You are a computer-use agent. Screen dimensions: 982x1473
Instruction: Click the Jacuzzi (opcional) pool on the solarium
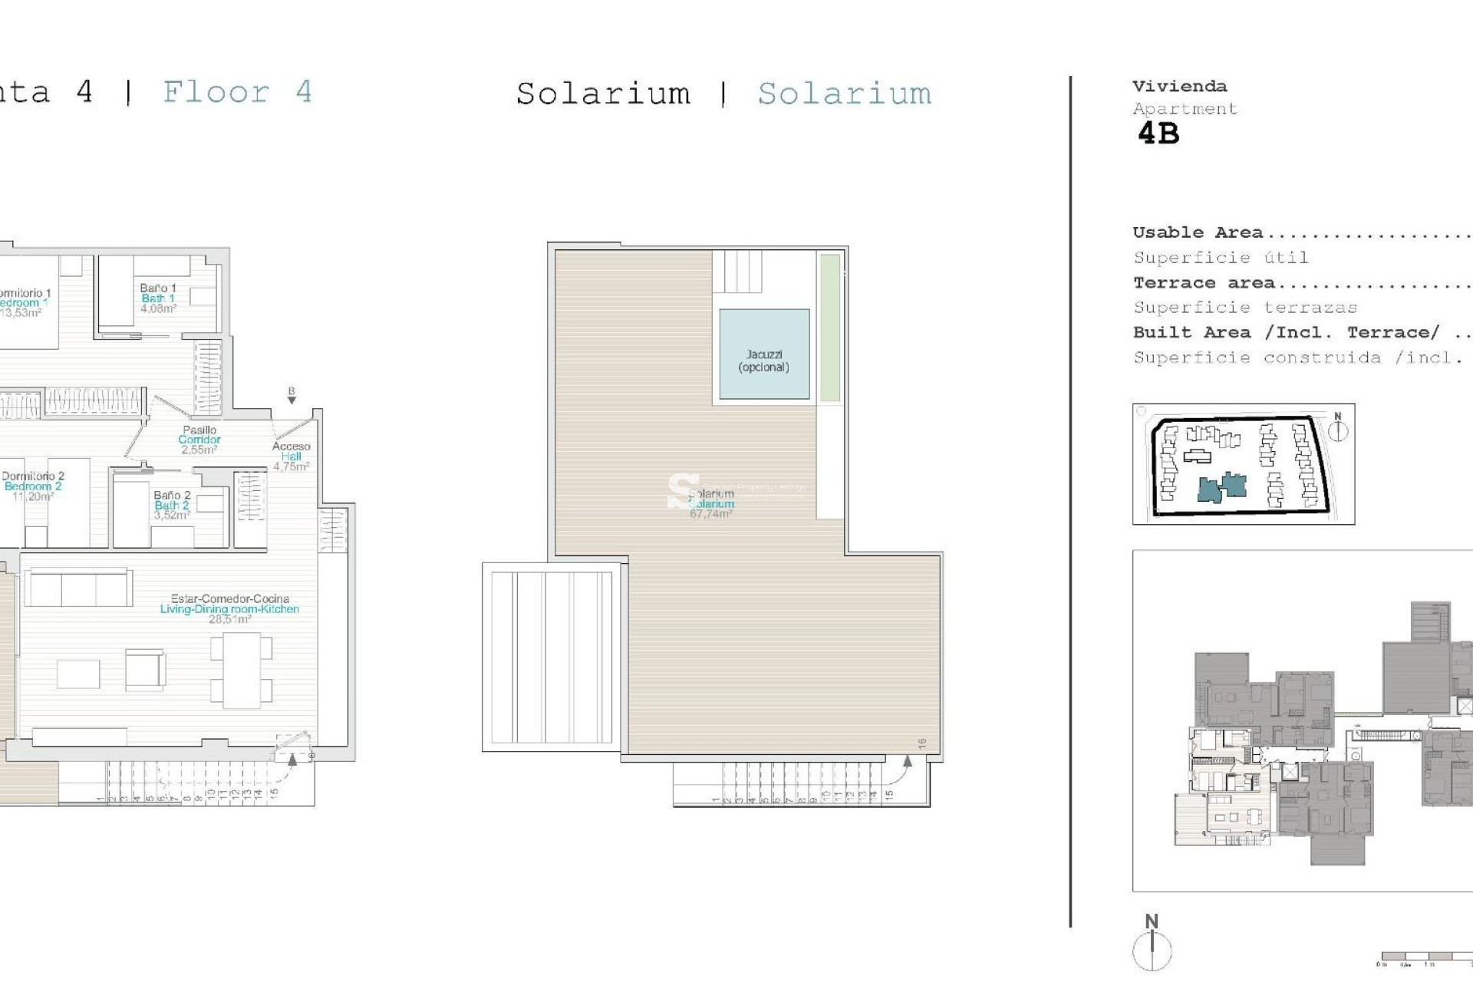click(764, 354)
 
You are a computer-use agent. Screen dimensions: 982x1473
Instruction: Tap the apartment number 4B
click(1158, 134)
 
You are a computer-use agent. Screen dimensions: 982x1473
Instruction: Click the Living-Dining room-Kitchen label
click(229, 608)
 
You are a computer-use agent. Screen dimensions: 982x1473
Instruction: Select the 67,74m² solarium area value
click(710, 514)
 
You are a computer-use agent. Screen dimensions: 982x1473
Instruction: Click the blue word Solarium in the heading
click(844, 94)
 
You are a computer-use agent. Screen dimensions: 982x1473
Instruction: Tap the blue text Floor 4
click(237, 92)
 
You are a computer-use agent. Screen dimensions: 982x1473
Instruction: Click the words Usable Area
click(1197, 232)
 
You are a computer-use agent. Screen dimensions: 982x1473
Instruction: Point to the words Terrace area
click(1204, 283)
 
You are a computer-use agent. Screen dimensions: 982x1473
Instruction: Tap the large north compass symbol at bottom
click(1152, 947)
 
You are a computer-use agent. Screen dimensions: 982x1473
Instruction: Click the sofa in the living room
click(77, 588)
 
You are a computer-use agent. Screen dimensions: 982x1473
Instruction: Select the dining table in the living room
click(242, 670)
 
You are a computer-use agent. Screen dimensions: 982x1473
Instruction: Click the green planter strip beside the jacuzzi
click(829, 328)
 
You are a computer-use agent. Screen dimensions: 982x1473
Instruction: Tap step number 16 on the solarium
click(921, 743)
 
